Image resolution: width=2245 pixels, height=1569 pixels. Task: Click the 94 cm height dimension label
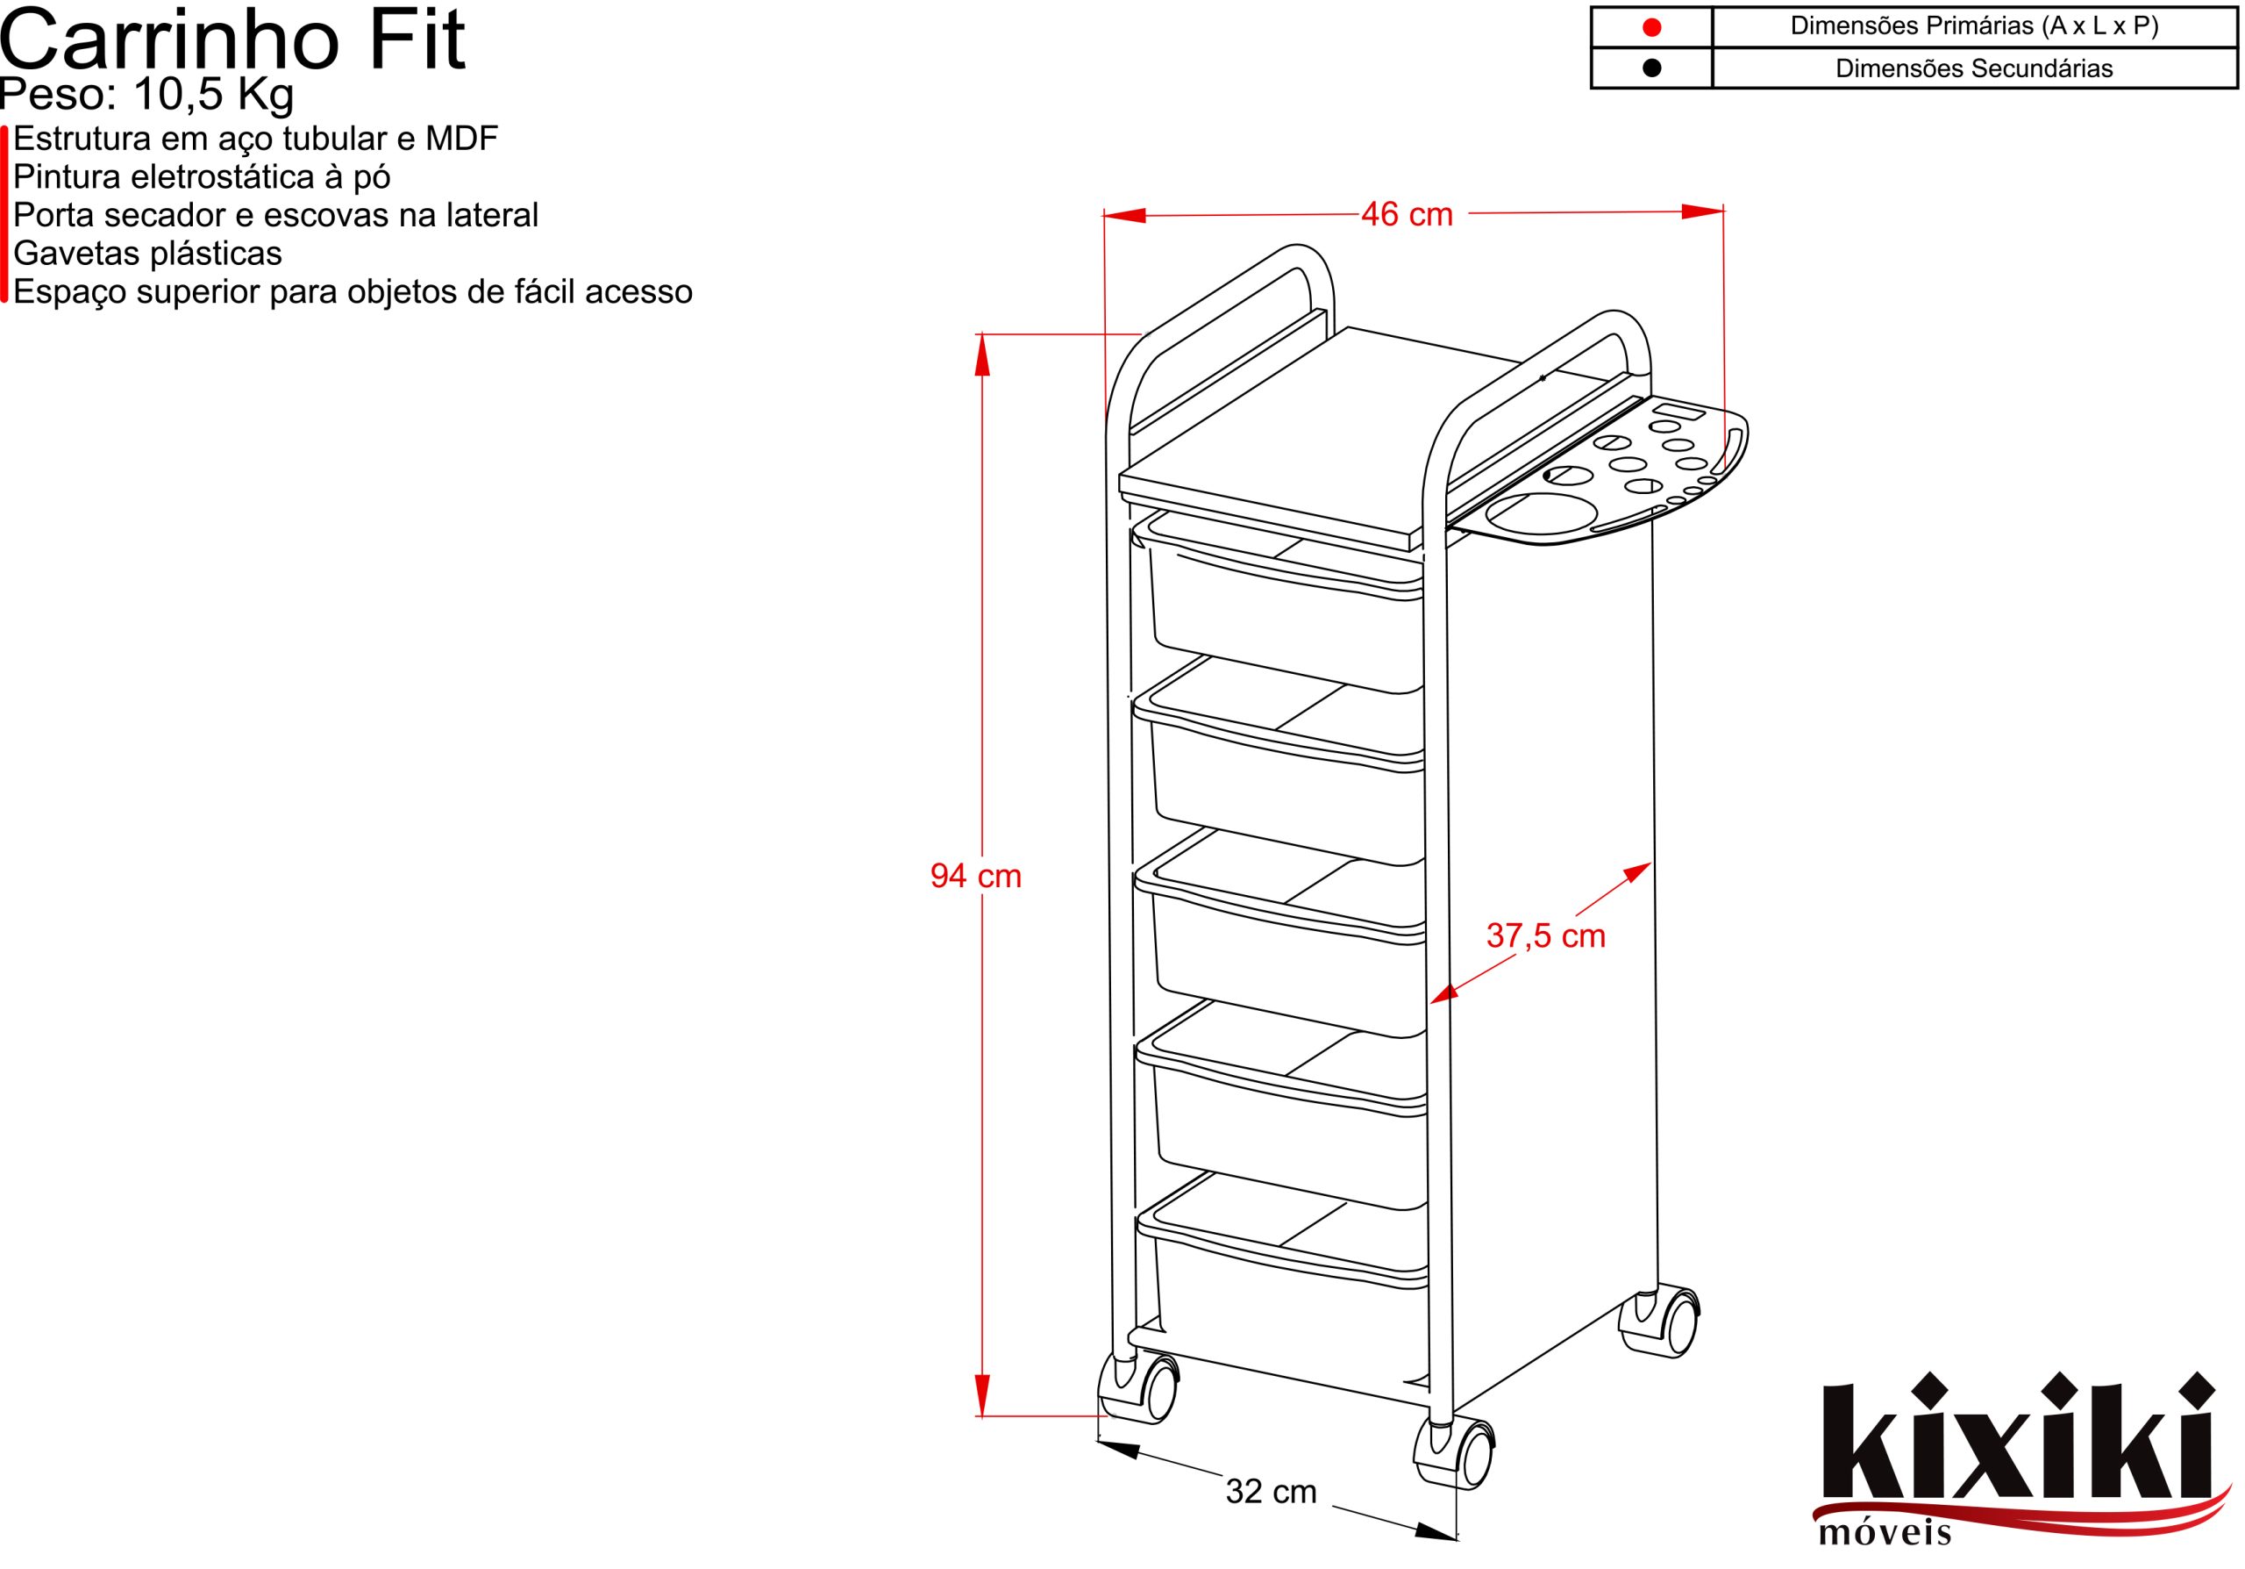click(976, 876)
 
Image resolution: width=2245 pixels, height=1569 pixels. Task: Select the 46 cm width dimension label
click(1407, 214)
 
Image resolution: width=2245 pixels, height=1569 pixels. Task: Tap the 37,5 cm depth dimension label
click(1546, 936)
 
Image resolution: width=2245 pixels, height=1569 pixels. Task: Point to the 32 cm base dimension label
click(1271, 1492)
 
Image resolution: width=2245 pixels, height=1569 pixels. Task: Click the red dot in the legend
click(1651, 27)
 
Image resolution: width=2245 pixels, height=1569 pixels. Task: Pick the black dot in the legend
click(1651, 68)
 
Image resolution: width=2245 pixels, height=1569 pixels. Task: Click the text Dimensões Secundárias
click(1974, 68)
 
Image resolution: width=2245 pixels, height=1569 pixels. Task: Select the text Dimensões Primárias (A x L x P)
click(1974, 26)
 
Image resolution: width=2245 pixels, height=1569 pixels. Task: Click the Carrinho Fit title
click(232, 40)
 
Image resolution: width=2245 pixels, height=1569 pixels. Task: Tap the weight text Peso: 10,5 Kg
click(146, 96)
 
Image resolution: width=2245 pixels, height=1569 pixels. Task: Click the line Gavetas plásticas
click(147, 254)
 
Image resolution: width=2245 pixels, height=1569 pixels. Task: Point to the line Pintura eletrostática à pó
click(202, 177)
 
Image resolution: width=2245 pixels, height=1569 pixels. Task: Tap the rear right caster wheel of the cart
click(1669, 1322)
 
